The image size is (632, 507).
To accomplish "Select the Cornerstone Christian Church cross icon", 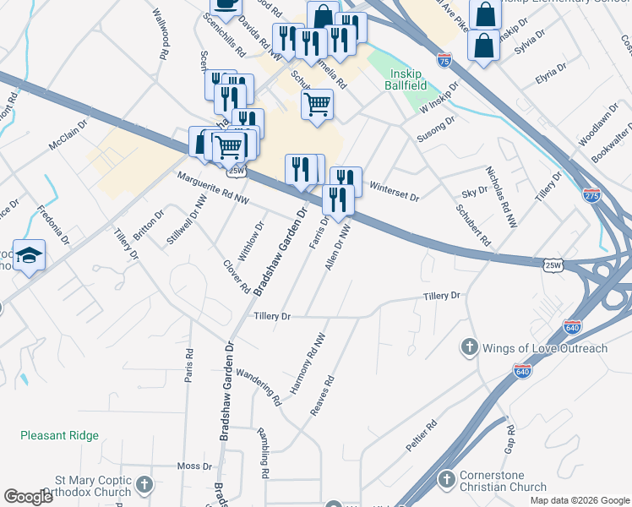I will click(447, 480).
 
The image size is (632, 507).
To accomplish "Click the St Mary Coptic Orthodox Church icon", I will click(145, 485).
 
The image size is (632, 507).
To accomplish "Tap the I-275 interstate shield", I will click(591, 194).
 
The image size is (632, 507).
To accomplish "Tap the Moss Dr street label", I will click(194, 466).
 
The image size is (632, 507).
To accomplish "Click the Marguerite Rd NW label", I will click(213, 188).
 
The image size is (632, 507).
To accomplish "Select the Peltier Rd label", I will click(419, 441).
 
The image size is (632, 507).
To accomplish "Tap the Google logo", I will click(28, 496).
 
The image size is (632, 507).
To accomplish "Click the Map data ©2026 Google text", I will click(579, 500).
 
